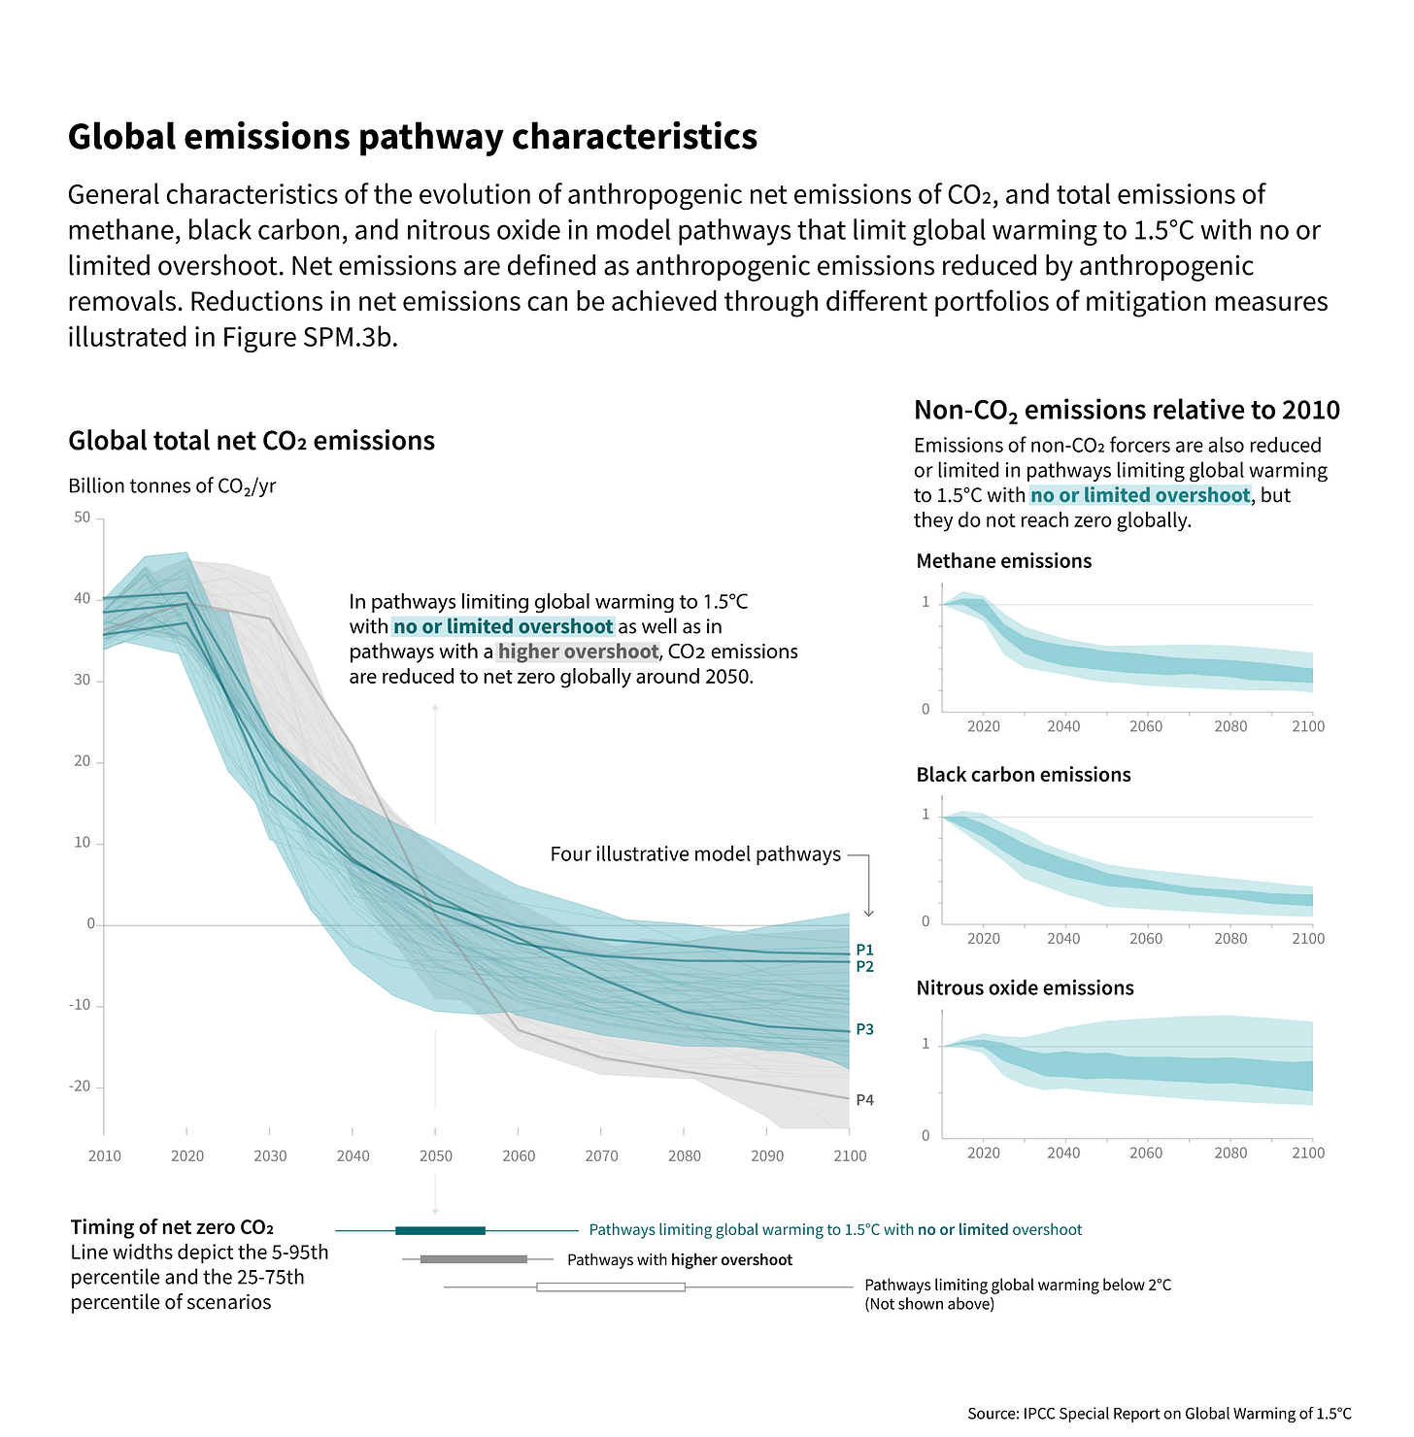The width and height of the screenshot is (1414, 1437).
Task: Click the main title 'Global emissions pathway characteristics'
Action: [x=412, y=137]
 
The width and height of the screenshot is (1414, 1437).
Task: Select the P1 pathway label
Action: [x=864, y=950]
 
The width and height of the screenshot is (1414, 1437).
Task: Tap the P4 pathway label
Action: [x=864, y=1100]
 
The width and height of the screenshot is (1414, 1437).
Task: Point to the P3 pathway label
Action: [x=864, y=1029]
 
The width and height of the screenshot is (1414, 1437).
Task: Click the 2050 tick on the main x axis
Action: [x=435, y=1155]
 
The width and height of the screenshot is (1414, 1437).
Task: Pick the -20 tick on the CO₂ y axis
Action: [x=80, y=1086]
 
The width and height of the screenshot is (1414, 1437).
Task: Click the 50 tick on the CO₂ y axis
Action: [x=82, y=518]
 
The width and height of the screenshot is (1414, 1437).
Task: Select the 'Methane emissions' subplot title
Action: [x=1003, y=561]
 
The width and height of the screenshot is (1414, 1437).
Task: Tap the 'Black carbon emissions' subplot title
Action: [x=1023, y=775]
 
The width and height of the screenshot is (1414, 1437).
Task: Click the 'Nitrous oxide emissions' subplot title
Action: [x=1025, y=988]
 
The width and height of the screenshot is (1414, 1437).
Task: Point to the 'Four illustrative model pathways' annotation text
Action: [x=695, y=854]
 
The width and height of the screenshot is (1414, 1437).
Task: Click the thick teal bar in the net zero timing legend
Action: [x=440, y=1230]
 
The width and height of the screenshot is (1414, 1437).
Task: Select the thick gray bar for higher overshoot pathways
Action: [x=473, y=1259]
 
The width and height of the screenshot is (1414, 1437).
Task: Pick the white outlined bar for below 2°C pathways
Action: [x=610, y=1287]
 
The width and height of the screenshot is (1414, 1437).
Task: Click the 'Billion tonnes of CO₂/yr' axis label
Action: [x=172, y=486]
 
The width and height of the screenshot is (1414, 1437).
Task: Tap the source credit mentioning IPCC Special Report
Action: [x=1159, y=1414]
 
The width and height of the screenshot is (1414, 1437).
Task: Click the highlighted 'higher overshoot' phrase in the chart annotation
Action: [x=578, y=652]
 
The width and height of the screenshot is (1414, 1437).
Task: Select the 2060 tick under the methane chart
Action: [x=1146, y=726]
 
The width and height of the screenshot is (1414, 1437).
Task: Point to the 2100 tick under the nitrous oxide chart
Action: [x=1307, y=1153]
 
